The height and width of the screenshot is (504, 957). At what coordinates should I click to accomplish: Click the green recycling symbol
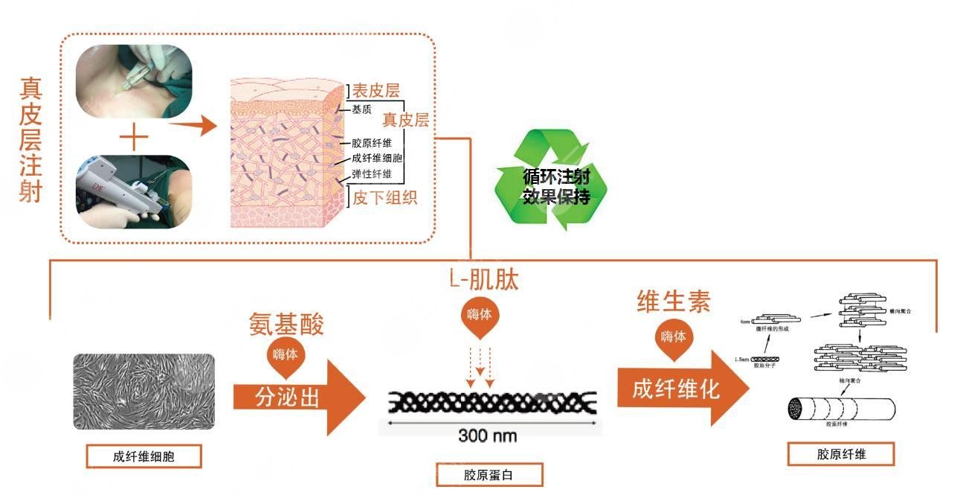click(551, 179)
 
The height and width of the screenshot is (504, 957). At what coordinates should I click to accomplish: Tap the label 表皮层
click(376, 91)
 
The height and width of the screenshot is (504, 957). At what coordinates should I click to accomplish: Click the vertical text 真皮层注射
click(30, 141)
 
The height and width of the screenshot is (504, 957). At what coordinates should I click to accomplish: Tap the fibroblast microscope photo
click(144, 391)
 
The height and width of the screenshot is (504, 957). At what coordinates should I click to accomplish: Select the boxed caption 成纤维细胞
click(144, 456)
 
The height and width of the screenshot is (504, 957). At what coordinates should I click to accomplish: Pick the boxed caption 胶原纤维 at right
click(841, 454)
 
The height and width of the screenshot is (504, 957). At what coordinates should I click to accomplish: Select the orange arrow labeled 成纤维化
click(680, 389)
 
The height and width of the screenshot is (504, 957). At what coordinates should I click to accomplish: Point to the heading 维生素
click(674, 301)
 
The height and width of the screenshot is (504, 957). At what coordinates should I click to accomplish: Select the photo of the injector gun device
click(134, 191)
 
